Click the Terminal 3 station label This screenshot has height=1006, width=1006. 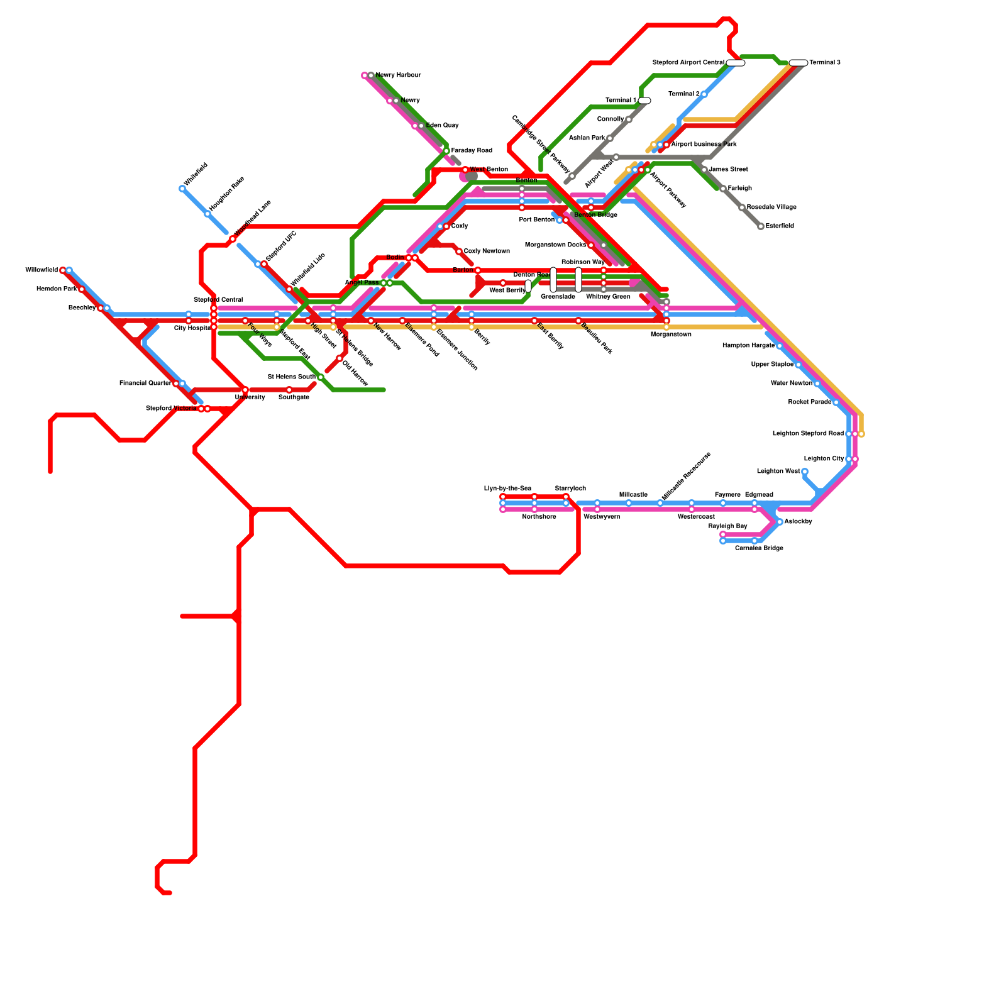point(825,63)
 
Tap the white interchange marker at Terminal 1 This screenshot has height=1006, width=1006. point(644,101)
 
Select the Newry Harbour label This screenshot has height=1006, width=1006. point(398,75)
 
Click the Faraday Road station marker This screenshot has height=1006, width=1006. point(446,151)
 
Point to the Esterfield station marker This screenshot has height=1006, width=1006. point(761,226)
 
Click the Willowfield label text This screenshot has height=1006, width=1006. point(41,270)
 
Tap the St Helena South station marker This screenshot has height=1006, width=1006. point(321,377)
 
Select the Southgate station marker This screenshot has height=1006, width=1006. point(289,390)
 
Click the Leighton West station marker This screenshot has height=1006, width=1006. point(805,472)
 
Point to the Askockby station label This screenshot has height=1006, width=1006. point(798,522)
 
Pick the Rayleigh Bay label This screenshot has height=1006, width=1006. point(727,526)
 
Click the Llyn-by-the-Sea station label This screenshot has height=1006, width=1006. point(507,489)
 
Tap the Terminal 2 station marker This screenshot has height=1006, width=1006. point(704,94)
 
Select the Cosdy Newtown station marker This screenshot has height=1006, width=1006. point(459,251)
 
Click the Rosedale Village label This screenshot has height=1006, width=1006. point(771,207)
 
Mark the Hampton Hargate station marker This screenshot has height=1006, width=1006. point(780,346)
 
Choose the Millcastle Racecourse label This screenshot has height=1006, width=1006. point(686,476)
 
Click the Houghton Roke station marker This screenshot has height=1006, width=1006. point(207,214)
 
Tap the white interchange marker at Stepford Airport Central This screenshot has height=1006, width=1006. point(736,63)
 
